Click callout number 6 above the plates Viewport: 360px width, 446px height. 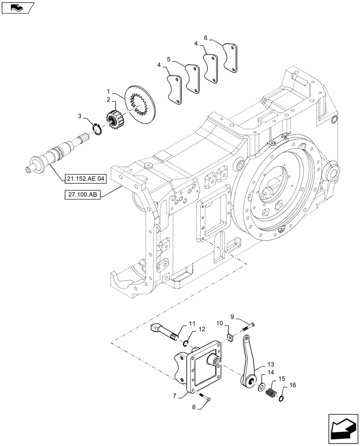(206, 38)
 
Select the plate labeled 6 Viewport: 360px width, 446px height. (231, 57)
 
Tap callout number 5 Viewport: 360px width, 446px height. (169, 59)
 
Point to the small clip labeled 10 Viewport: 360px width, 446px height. (230, 338)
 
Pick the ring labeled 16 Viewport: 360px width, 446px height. (281, 397)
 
